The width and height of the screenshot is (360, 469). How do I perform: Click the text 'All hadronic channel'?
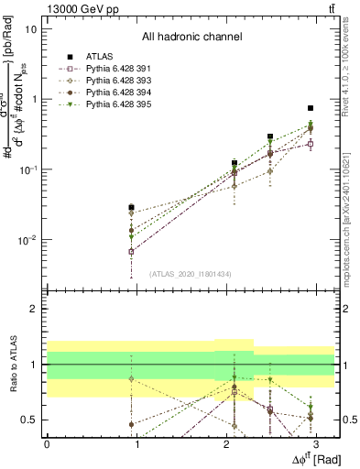191,38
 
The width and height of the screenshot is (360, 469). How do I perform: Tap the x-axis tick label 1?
136,444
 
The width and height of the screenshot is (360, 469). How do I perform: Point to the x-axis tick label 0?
47,444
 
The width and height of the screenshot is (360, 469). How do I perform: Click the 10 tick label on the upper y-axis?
31,28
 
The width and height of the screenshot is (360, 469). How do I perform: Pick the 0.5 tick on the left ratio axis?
29,420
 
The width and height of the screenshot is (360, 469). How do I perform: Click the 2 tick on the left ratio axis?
33,309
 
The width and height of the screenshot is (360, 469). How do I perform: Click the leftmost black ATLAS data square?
132,207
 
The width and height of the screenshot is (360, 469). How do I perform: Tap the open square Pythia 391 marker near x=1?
132,251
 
